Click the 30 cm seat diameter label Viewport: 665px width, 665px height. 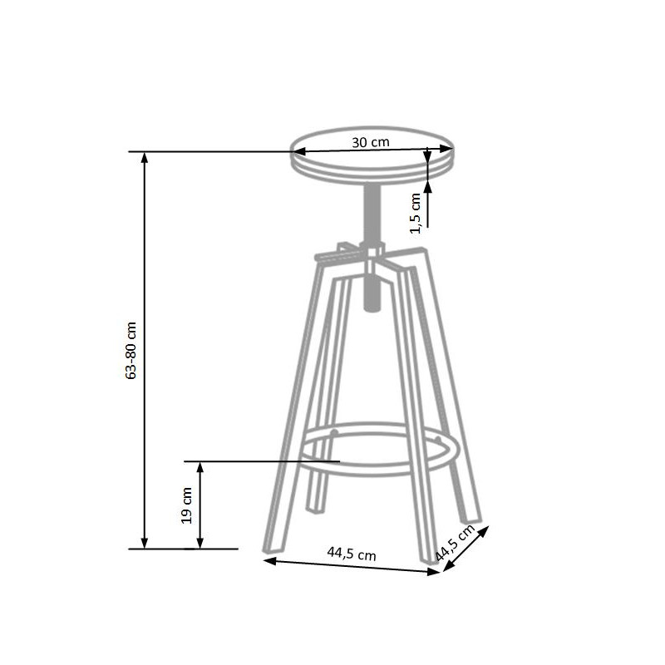(x=371, y=141)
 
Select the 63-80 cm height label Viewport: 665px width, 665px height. (x=131, y=350)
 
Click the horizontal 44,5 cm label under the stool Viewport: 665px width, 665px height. (x=351, y=552)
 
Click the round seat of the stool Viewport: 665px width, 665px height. (x=372, y=158)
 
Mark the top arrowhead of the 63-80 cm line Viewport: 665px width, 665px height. (x=145, y=158)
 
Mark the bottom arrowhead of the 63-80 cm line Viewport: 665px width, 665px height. (x=145, y=543)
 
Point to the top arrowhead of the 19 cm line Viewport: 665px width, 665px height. (x=199, y=467)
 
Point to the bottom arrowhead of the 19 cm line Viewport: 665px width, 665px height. (x=199, y=543)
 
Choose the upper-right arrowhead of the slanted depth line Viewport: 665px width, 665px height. (x=486, y=530)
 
